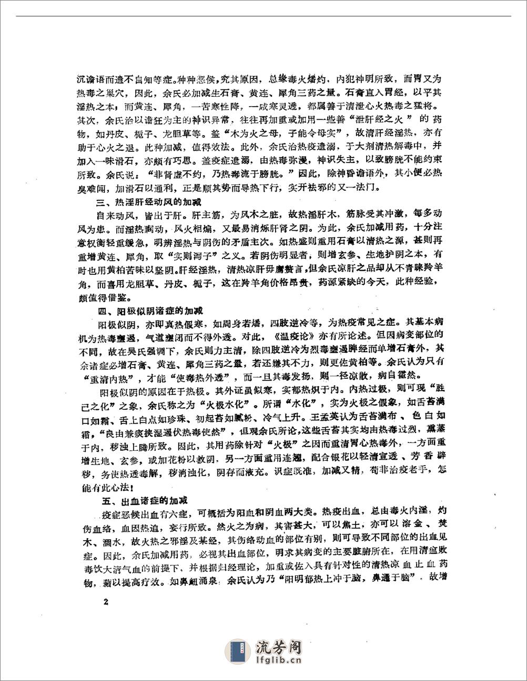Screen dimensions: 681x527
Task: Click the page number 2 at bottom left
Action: [x=106, y=602]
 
